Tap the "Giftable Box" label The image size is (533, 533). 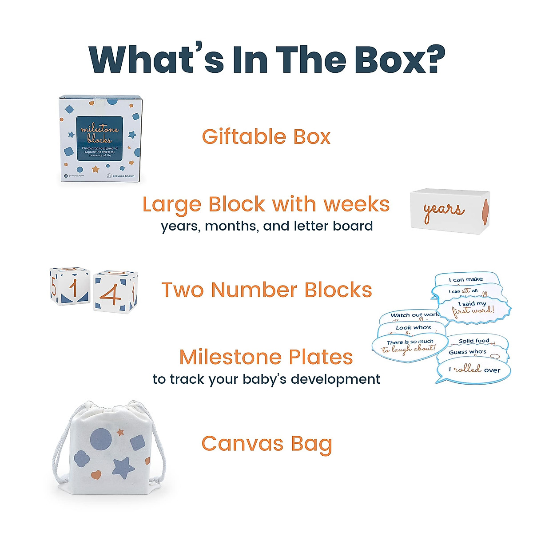(x=266, y=137)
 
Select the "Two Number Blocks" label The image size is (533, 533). (x=266, y=290)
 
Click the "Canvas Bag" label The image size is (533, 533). (x=266, y=444)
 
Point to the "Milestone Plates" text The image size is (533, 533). (x=266, y=357)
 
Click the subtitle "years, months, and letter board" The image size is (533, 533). (x=266, y=226)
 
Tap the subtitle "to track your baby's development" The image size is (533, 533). (x=266, y=379)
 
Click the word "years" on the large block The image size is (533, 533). (x=443, y=211)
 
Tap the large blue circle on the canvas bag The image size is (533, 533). (x=101, y=439)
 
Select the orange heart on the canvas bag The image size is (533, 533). (x=96, y=475)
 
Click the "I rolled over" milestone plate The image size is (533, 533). (x=474, y=370)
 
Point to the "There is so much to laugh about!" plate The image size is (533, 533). (x=410, y=346)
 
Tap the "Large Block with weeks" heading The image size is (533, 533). (x=266, y=204)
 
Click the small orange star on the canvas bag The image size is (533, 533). (x=120, y=431)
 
